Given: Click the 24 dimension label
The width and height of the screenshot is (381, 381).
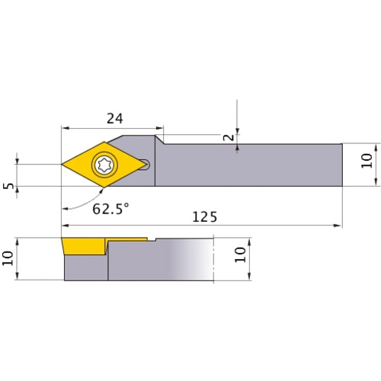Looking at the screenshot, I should (x=114, y=118).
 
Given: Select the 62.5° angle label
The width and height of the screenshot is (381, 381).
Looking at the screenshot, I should (x=111, y=208).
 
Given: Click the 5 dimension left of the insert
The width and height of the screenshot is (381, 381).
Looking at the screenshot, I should (x=8, y=186).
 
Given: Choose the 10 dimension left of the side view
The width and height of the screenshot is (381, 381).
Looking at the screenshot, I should (x=8, y=258).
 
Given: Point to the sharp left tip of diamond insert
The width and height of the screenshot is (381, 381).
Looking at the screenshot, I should (x=62, y=164).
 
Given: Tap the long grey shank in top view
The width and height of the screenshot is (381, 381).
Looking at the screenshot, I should (x=251, y=164).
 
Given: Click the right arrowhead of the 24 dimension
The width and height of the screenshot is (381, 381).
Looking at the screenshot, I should (x=160, y=126).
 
